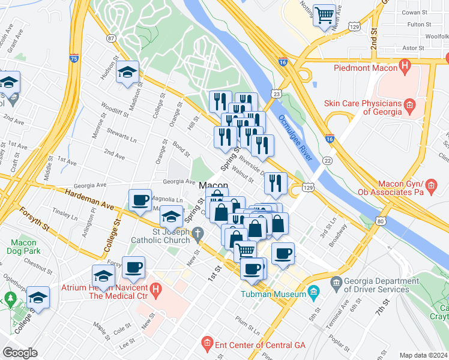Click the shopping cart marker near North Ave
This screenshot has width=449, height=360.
[324, 14]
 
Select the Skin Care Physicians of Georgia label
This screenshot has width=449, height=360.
[363, 107]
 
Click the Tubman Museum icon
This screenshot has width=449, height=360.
[313, 293]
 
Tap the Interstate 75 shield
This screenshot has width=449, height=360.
[74, 58]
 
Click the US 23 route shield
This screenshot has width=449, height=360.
[276, 94]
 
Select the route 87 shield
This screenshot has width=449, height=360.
[111, 38]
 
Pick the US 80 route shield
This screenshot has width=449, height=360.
[381, 221]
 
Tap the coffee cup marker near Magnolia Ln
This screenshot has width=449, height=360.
[140, 200]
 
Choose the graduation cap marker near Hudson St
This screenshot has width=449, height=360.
[127, 72]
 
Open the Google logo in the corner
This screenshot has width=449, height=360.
[20, 353]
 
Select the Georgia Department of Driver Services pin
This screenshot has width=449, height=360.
[336, 281]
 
